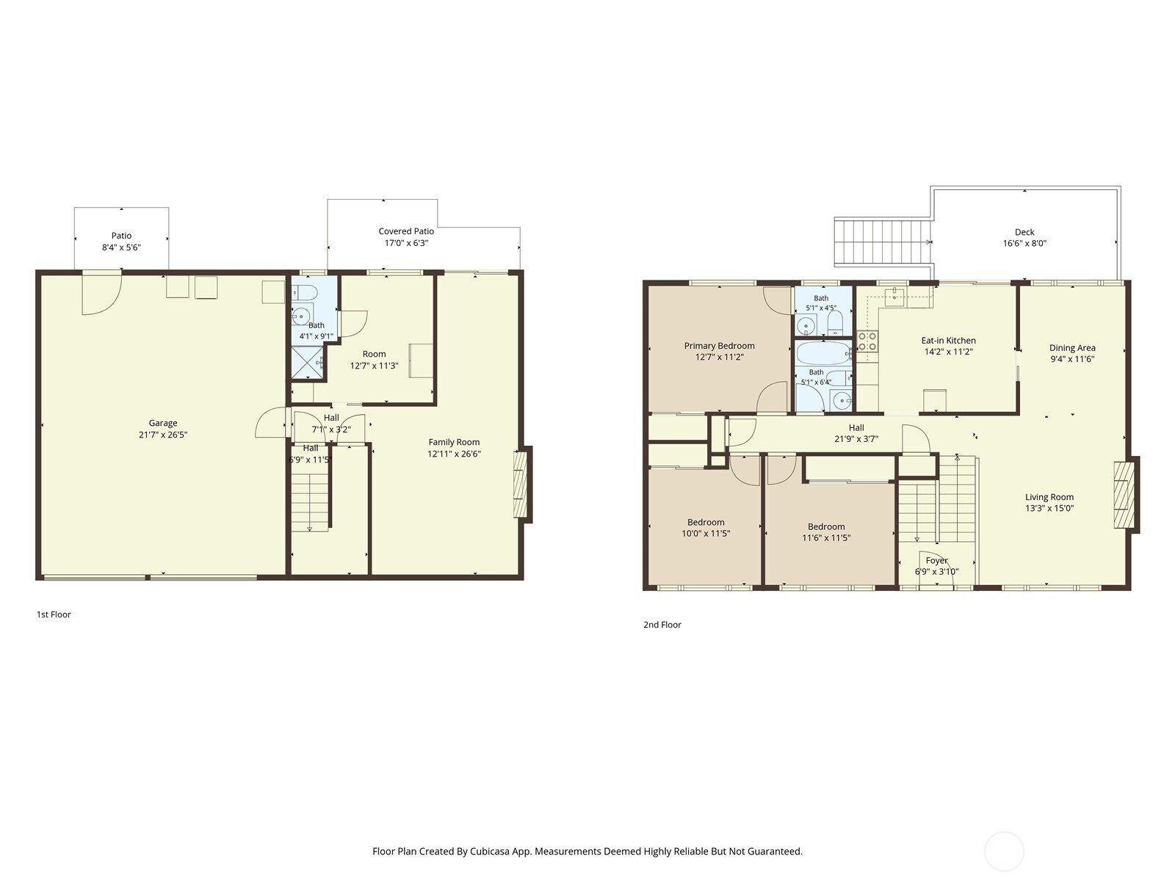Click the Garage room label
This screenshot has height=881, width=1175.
(163, 423)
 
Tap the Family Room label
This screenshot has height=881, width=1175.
(454, 443)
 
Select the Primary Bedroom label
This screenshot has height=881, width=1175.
(720, 346)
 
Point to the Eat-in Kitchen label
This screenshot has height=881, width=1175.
(949, 341)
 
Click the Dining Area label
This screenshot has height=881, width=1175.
(1072, 348)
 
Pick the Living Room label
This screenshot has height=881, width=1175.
(1049, 498)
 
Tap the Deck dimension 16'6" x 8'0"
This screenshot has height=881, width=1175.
(1024, 244)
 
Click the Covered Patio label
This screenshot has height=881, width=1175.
(406, 231)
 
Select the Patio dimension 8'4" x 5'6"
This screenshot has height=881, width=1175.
(121, 247)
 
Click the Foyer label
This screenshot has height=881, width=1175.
(937, 561)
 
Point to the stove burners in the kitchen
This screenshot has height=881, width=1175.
(867, 341)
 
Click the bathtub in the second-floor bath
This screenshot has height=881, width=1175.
(823, 353)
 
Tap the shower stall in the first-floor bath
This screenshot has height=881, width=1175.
(307, 362)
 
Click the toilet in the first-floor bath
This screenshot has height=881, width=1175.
(305, 293)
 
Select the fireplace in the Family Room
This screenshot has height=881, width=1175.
(522, 484)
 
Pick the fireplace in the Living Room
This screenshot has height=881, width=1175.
(1126, 495)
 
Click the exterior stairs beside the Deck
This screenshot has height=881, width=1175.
(883, 242)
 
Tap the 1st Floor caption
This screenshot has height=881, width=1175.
(54, 614)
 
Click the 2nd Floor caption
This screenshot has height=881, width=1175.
(662, 625)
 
